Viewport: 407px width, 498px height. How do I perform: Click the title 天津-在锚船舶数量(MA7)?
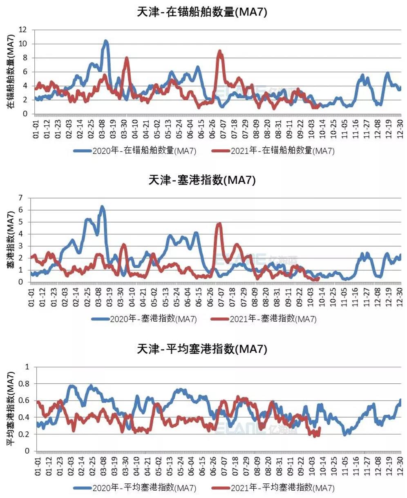click(202, 12)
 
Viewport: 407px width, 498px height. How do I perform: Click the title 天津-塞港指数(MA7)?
click(202, 180)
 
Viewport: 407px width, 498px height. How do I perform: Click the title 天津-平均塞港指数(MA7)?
click(202, 349)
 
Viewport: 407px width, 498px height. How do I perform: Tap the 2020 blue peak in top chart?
click(105, 41)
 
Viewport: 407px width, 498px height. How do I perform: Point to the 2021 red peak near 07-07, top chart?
click(220, 51)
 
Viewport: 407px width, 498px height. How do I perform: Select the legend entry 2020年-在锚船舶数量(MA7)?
click(135, 151)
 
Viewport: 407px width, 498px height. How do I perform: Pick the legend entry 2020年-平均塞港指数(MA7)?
click(135, 487)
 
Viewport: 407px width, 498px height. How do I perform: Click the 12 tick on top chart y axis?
click(23, 30)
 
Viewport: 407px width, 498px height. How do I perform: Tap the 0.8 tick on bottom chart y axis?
click(25, 384)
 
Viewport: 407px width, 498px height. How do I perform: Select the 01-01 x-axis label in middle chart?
click(31, 297)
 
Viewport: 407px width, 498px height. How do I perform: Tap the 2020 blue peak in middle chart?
click(102, 207)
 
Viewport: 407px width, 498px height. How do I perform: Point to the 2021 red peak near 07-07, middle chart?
click(219, 224)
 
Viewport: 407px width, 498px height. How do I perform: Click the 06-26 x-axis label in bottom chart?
click(212, 466)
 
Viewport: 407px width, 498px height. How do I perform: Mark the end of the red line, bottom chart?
click(319, 428)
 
